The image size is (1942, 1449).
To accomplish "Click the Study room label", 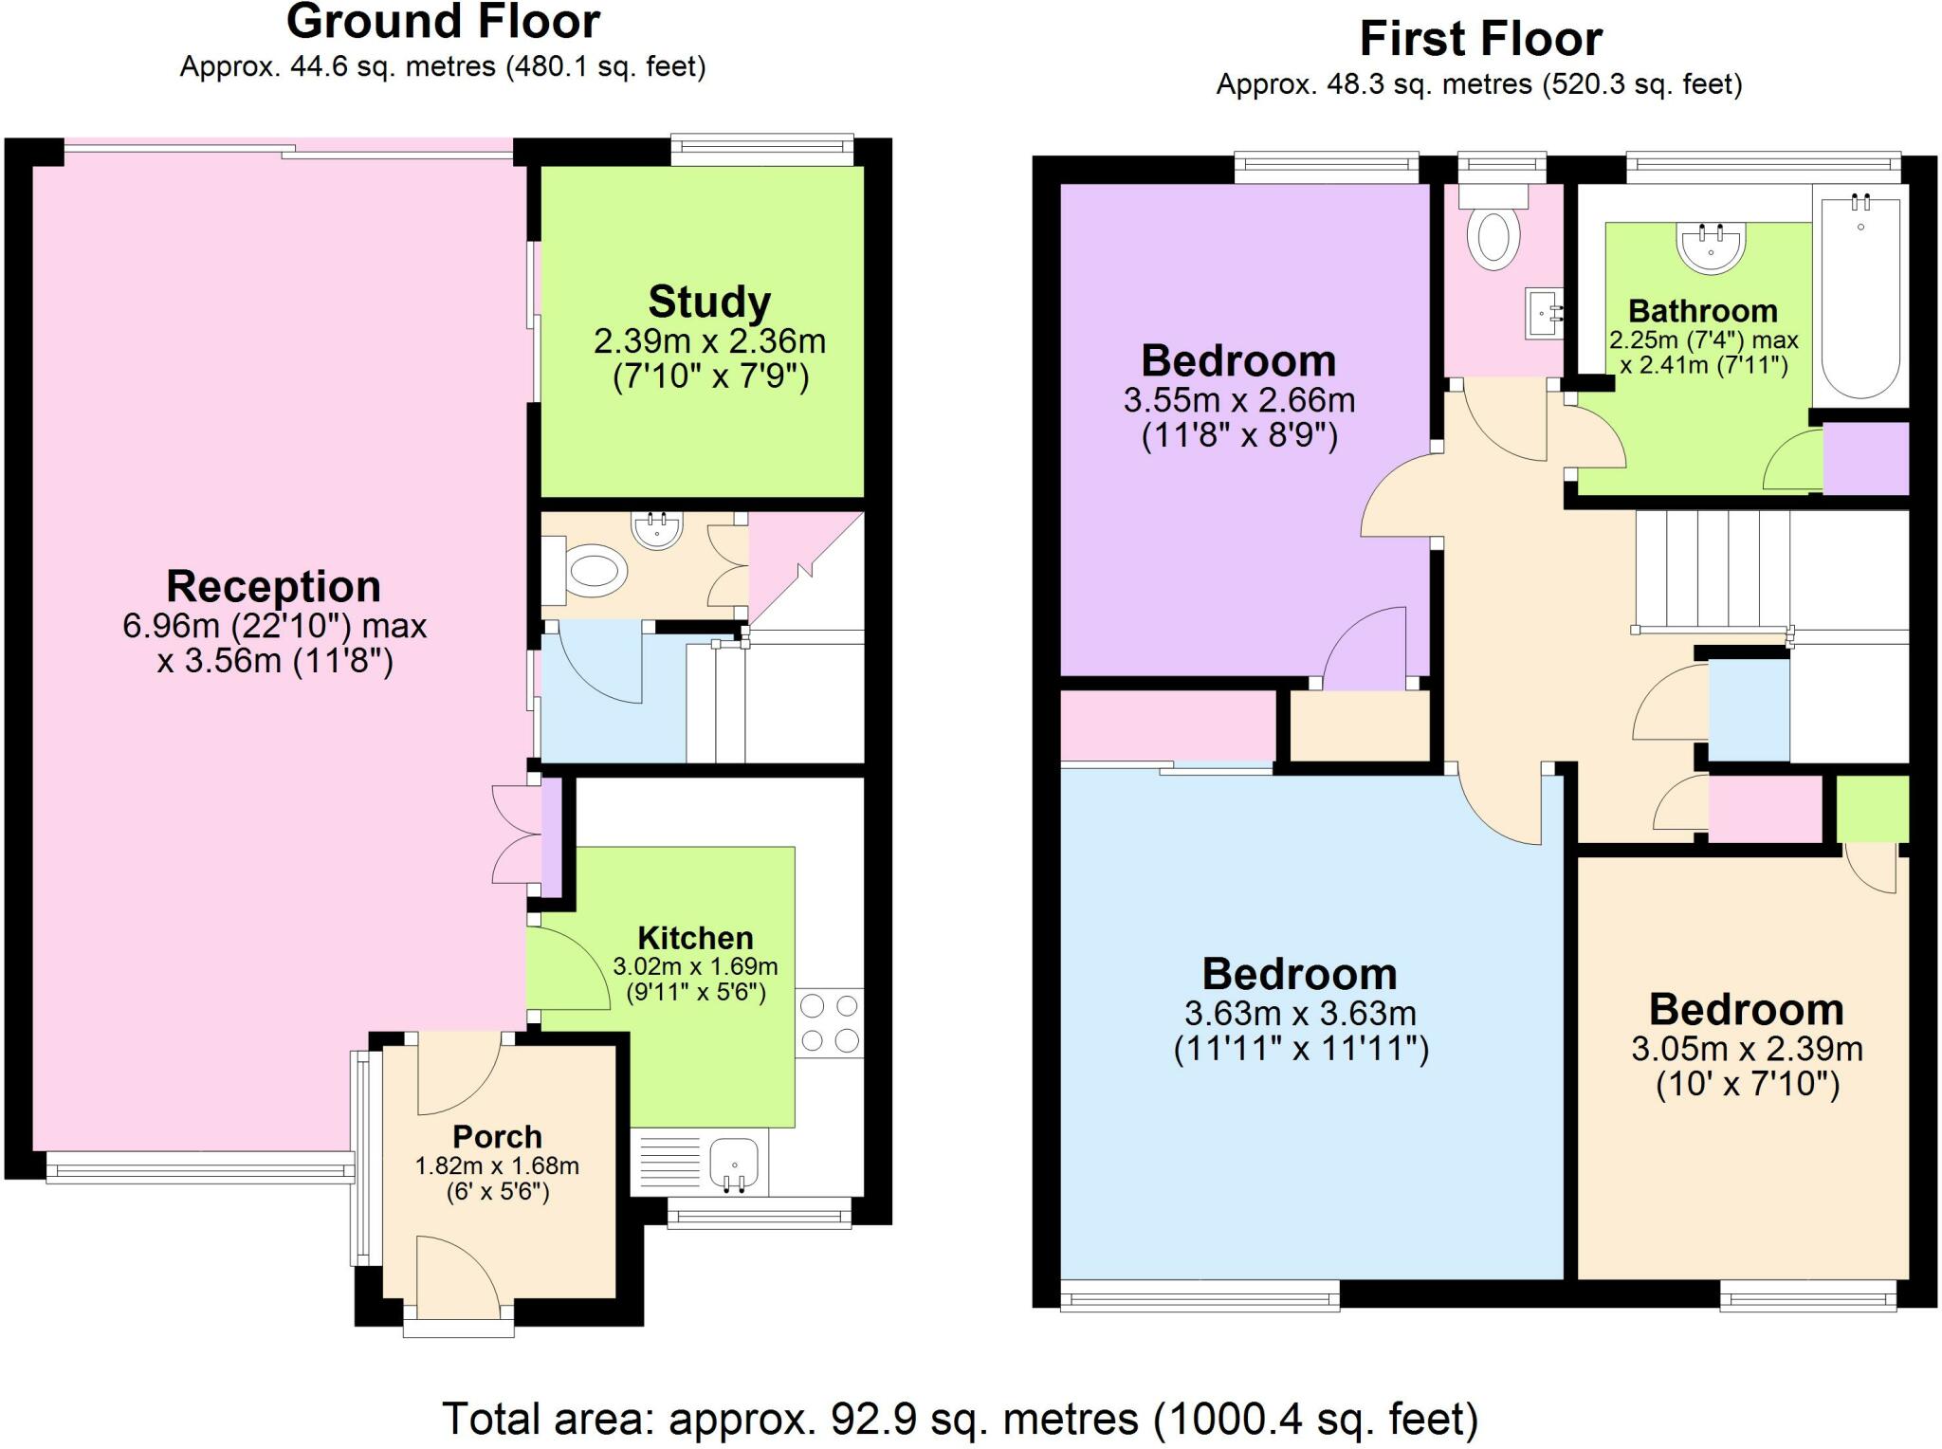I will click(x=709, y=303).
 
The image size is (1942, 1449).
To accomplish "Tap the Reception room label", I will click(x=273, y=587).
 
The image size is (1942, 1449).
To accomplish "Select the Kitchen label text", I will click(x=695, y=938).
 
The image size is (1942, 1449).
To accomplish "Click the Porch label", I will click(x=497, y=1136).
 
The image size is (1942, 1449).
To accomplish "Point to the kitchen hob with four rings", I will click(x=830, y=1023).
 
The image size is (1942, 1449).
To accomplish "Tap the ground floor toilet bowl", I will click(x=595, y=572).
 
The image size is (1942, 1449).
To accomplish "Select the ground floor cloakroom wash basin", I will click(x=657, y=530).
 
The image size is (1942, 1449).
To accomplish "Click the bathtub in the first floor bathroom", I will click(x=1860, y=294).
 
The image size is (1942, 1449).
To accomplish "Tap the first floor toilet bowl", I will click(x=1493, y=238).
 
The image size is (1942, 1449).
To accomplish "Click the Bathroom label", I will click(x=1703, y=311).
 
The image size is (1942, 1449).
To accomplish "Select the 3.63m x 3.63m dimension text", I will click(x=1300, y=1013).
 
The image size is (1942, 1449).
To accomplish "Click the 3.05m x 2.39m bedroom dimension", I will click(x=1747, y=1049).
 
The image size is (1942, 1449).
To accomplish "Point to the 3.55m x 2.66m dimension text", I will click(x=1239, y=400).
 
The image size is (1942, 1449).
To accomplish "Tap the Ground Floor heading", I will click(x=443, y=22).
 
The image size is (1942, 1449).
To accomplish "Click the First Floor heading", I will click(x=1480, y=40).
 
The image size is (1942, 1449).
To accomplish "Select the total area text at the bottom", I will click(x=960, y=1419).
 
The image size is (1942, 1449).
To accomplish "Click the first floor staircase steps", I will click(x=1712, y=569).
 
